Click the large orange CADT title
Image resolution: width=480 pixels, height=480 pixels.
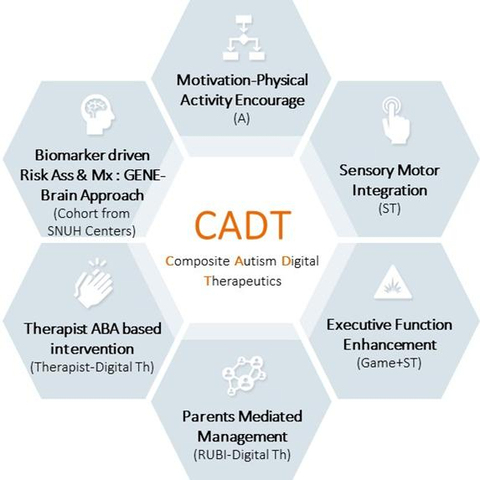242,225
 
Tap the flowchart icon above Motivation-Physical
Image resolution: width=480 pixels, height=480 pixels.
244,38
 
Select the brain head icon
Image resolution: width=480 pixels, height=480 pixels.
98,115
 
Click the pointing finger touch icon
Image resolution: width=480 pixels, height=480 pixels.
395,121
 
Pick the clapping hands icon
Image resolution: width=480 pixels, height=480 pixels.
94,283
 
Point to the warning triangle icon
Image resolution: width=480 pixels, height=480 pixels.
393,283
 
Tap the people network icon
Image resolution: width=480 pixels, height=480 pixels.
244,375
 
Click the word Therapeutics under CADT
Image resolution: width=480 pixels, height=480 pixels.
243,281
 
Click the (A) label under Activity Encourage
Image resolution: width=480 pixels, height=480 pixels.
242,118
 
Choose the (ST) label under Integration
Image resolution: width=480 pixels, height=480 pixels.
390,209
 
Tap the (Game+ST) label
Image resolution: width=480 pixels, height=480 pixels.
389,363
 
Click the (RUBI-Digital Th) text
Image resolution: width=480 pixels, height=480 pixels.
242,455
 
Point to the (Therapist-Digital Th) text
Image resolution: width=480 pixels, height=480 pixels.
92,367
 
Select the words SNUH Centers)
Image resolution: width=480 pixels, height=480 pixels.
91,231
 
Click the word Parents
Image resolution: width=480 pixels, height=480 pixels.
209,416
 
